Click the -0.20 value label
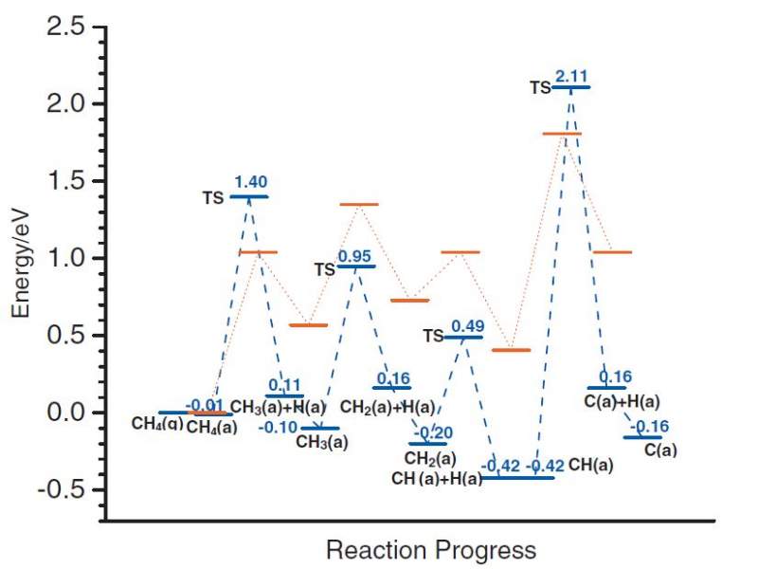(x=428, y=432)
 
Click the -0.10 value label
(x=277, y=427)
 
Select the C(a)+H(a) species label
(x=622, y=402)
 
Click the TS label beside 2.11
(x=540, y=87)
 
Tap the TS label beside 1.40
(x=213, y=198)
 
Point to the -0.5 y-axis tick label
(x=59, y=490)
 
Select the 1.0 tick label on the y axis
(x=63, y=258)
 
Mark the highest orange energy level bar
(x=561, y=134)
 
